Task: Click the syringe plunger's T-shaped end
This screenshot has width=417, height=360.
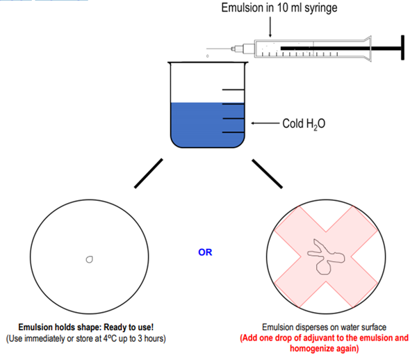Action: point(401,48)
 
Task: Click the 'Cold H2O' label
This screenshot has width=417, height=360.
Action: point(304,124)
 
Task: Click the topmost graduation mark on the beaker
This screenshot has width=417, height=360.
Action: point(233,90)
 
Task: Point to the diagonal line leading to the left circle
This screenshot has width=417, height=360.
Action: point(148,173)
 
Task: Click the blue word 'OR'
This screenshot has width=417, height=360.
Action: point(205,252)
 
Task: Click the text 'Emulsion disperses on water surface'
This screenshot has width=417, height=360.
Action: point(324,327)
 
